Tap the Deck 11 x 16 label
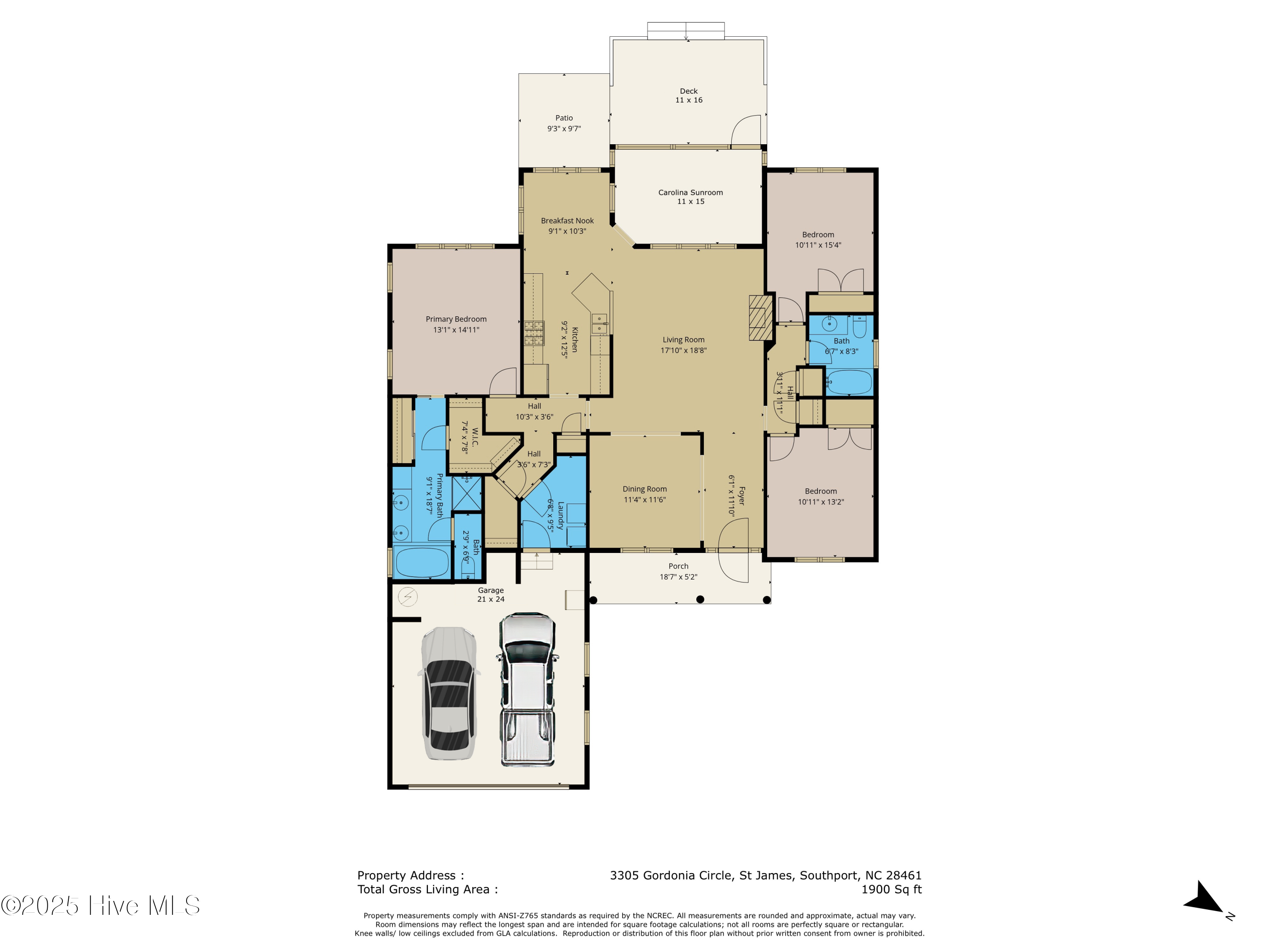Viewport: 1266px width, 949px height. (x=689, y=95)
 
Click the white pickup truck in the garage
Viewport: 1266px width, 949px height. (x=527, y=689)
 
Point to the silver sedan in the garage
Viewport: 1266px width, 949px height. (x=450, y=693)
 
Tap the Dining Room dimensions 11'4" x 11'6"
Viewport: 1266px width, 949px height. (x=644, y=500)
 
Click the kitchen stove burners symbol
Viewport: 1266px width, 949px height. (x=534, y=334)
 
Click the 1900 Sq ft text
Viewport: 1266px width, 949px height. (x=891, y=890)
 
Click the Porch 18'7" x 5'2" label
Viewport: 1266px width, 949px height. (x=678, y=572)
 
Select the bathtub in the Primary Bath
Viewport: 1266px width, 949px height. (x=422, y=562)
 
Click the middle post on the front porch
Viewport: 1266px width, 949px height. (x=700, y=599)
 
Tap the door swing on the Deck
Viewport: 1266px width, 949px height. (x=747, y=130)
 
